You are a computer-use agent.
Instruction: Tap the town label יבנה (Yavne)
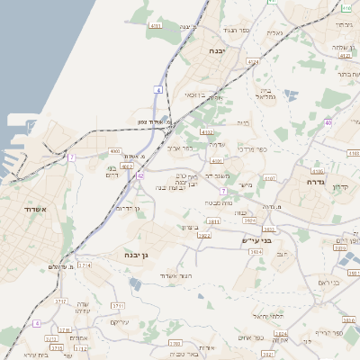coord(220,51)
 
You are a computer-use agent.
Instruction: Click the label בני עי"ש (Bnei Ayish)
coord(256,241)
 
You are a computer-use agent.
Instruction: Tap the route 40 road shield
coord(328,122)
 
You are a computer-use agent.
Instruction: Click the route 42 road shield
coord(139,175)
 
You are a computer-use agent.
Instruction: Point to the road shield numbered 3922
coord(203,236)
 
